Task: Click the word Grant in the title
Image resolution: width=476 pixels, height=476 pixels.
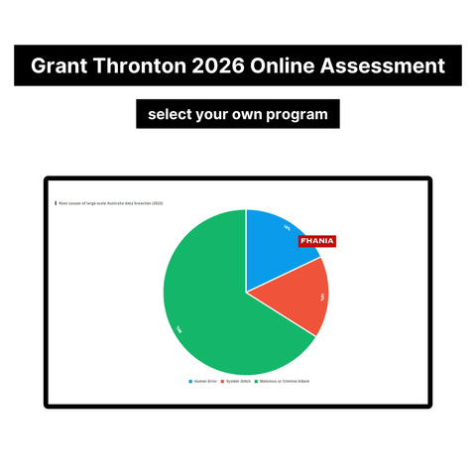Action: [60, 66]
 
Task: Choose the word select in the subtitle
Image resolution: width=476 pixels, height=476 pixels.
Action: [173, 114]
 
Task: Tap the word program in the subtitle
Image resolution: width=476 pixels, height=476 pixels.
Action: [295, 114]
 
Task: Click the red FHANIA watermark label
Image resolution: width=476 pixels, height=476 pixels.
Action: [317, 241]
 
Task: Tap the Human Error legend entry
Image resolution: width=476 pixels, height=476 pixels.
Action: [202, 381]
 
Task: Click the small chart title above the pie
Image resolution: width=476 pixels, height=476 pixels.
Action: [110, 202]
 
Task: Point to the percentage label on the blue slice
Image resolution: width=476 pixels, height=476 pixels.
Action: [287, 227]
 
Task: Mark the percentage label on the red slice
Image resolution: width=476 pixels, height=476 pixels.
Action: [321, 296]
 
